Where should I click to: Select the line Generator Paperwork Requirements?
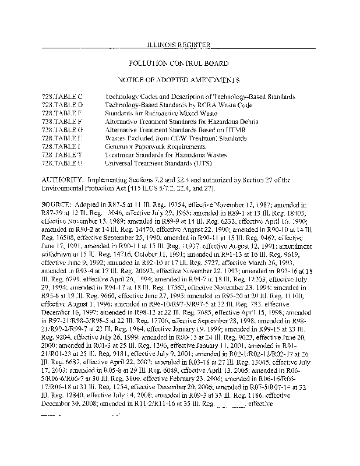pos(149,147)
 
